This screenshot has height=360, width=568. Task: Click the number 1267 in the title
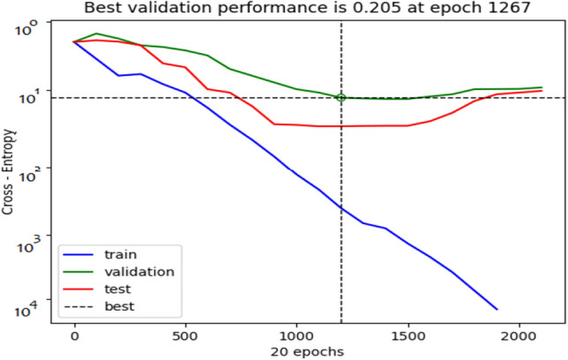click(506, 9)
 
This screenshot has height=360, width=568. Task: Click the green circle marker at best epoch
click(341, 98)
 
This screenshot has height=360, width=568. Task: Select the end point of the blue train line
click(497, 310)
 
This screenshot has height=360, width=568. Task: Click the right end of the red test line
click(542, 91)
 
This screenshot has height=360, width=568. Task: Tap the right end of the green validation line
click(542, 87)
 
